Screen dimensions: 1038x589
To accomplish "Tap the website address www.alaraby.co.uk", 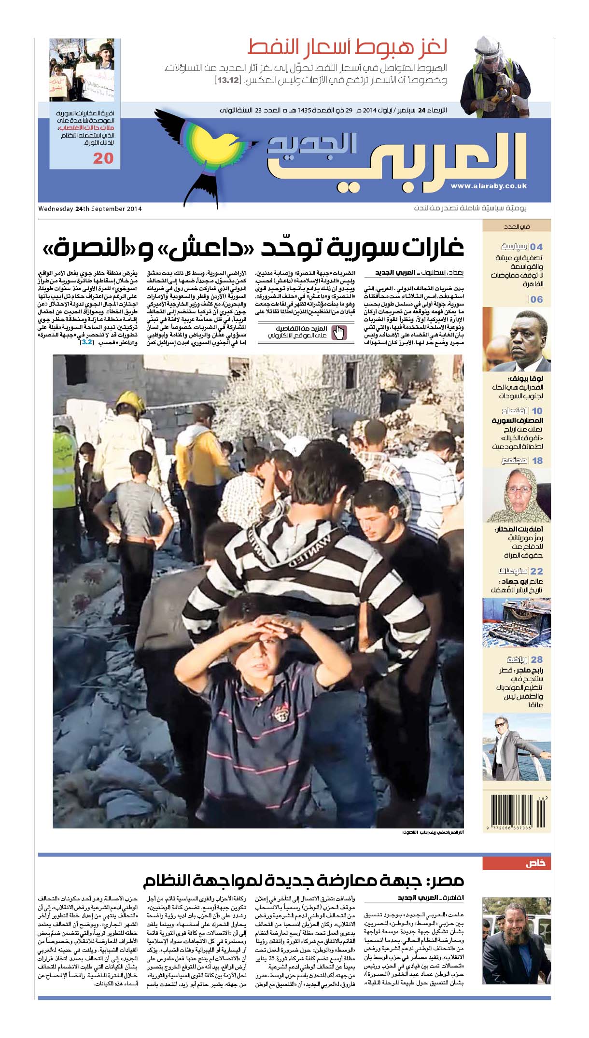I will click(488, 186).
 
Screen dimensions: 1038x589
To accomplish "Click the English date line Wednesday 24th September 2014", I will click(90, 209).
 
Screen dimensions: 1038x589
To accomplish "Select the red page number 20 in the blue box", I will click(103, 158).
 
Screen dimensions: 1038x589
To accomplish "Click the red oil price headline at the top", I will click(347, 48).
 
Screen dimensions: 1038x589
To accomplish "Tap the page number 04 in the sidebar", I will click(536, 247).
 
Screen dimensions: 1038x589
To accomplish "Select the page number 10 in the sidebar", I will click(537, 411).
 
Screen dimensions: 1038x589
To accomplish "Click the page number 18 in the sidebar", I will click(537, 461).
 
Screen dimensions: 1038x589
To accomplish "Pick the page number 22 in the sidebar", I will click(537, 571).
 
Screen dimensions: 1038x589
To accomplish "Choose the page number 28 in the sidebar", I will click(537, 659).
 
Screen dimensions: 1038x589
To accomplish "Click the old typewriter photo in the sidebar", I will click(516, 622).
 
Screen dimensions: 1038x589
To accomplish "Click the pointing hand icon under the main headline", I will click(340, 333).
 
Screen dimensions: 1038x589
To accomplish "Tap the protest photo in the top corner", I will click(85, 70).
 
